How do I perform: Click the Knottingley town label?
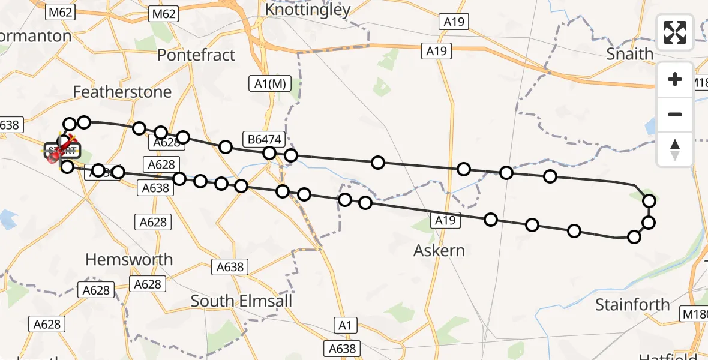pos(307,10)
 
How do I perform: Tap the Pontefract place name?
pos(196,55)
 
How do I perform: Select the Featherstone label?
pos(122,92)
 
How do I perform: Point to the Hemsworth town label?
pos(129,260)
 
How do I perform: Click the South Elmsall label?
pos(241,301)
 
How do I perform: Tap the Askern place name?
pos(439,250)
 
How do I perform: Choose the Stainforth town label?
pos(632,305)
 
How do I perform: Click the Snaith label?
pos(629,53)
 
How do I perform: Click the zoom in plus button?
pos(675,79)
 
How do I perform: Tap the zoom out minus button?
pos(675,114)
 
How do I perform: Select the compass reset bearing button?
pos(675,149)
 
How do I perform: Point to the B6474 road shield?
pos(262,139)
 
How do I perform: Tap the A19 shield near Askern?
pos(445,221)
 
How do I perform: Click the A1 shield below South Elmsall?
pos(344,326)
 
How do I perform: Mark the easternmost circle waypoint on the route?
pos(649,201)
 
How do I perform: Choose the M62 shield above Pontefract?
pos(164,13)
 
